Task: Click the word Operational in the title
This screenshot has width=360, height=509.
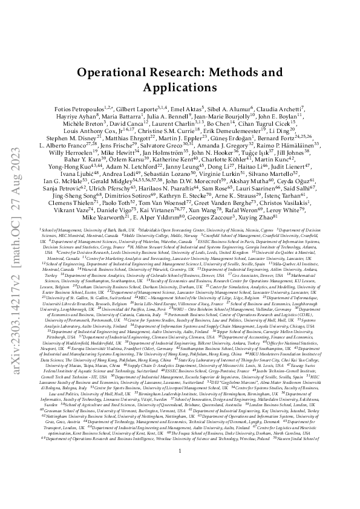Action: [114, 72]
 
